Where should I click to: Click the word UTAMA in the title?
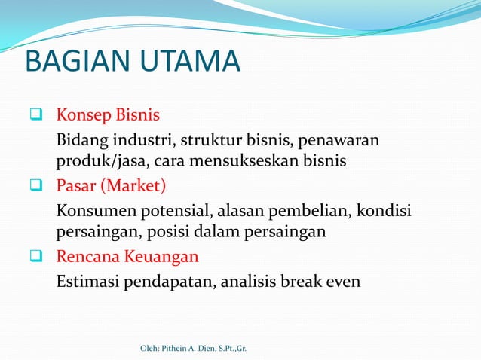coord(188,63)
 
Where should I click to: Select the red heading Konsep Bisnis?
coord(108,116)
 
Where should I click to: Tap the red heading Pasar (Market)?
coord(111,185)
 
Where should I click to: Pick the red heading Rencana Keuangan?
coord(127,256)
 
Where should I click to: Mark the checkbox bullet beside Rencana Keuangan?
coord(35,257)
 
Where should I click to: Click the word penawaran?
coord(343,141)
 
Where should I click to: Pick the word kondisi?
coord(384,210)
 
